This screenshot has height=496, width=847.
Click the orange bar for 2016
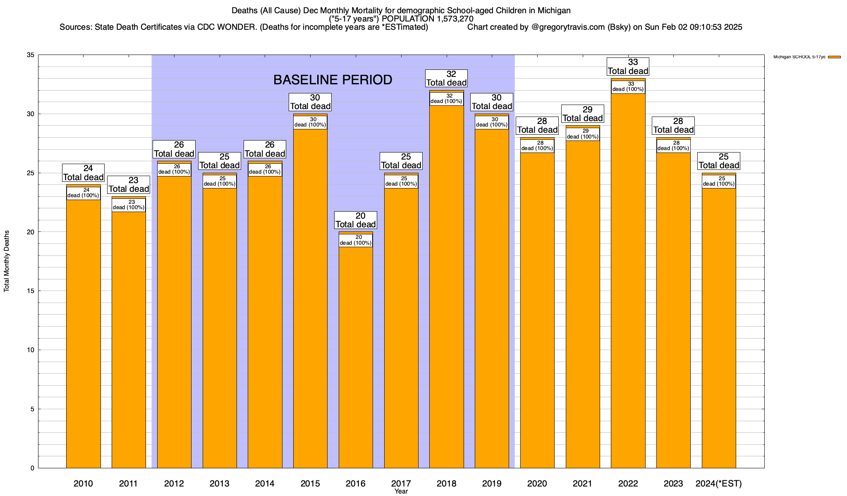(x=356, y=355)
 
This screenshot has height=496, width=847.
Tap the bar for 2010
(x=84, y=331)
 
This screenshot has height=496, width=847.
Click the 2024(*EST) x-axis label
(x=719, y=484)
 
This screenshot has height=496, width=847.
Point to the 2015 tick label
(x=310, y=484)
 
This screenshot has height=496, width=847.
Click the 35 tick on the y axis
(x=31, y=55)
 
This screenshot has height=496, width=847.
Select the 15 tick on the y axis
(x=31, y=291)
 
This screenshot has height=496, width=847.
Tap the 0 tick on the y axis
(x=32, y=468)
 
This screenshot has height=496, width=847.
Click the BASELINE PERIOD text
(x=333, y=80)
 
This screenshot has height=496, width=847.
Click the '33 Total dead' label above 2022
(x=628, y=67)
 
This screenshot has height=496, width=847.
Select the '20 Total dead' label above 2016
(x=356, y=220)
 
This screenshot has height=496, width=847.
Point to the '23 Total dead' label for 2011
(x=129, y=185)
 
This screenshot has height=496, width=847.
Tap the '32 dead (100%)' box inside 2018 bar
(x=446, y=99)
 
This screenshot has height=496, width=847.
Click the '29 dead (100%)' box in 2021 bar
(x=583, y=134)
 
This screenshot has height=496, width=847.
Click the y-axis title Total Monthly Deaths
(x=7, y=261)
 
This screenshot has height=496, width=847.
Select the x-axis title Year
(x=401, y=491)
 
